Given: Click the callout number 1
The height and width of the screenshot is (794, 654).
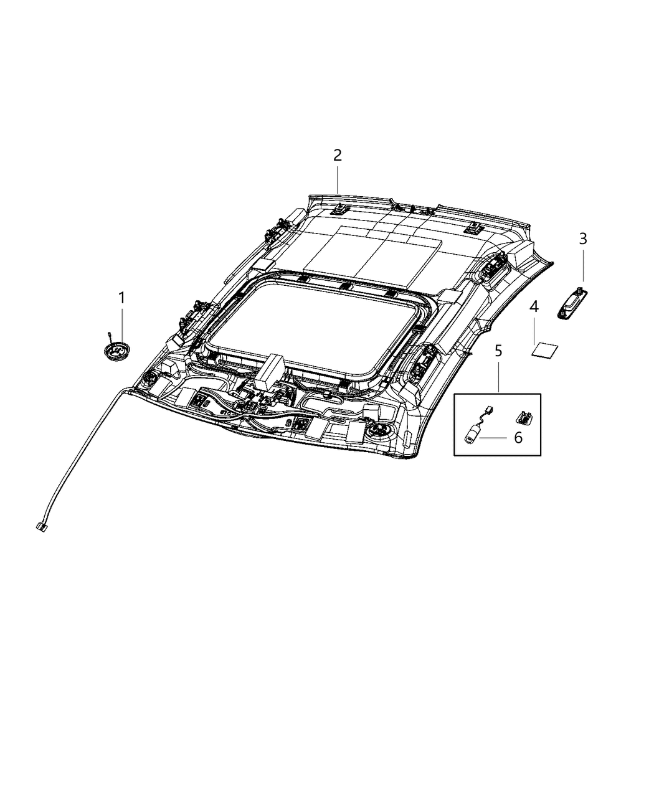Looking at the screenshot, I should pyautogui.click(x=121, y=298).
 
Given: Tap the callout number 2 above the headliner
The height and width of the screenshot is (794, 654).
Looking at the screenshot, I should pyautogui.click(x=337, y=155).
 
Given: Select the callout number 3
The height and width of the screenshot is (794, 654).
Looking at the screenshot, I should pyautogui.click(x=583, y=239).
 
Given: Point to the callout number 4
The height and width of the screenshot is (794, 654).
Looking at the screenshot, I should pyautogui.click(x=534, y=307).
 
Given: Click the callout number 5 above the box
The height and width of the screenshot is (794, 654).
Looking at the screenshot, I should pyautogui.click(x=498, y=351).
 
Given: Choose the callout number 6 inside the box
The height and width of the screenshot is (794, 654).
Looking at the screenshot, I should pyautogui.click(x=518, y=438).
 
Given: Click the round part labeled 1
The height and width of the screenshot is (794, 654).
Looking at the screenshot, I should pyautogui.click(x=117, y=350).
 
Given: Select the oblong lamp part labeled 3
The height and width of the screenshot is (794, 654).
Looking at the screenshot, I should pyautogui.click(x=572, y=308).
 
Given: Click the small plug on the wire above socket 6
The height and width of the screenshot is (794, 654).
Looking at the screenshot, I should pyautogui.click(x=489, y=409).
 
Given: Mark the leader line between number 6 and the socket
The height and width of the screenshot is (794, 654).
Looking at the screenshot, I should pyautogui.click(x=495, y=438).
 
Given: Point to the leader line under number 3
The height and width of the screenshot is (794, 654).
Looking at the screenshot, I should pyautogui.click(x=583, y=267).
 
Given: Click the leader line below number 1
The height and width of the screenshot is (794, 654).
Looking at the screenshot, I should pyautogui.click(x=121, y=324).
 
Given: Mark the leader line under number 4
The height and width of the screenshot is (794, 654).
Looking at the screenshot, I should pyautogui.click(x=534, y=329).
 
